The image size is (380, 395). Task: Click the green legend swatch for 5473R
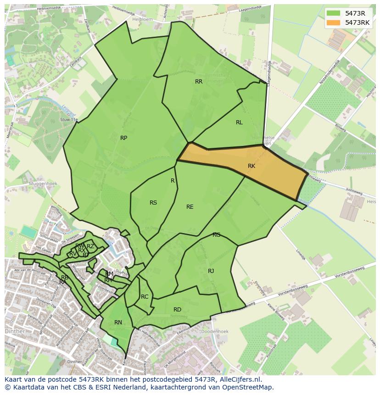(334, 13)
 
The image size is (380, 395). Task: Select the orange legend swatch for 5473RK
(334, 22)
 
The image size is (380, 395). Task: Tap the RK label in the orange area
(251, 166)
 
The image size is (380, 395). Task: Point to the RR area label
(199, 82)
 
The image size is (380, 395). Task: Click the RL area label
(239, 122)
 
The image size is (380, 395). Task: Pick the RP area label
(123, 138)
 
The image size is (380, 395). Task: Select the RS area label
(153, 203)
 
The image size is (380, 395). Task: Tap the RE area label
(190, 207)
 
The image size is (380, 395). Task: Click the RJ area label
(211, 271)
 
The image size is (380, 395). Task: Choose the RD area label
(177, 310)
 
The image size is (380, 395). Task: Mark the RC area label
(145, 297)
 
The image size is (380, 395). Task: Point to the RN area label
(118, 323)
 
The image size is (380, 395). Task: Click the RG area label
(216, 235)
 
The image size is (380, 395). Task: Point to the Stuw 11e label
(69, 120)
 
